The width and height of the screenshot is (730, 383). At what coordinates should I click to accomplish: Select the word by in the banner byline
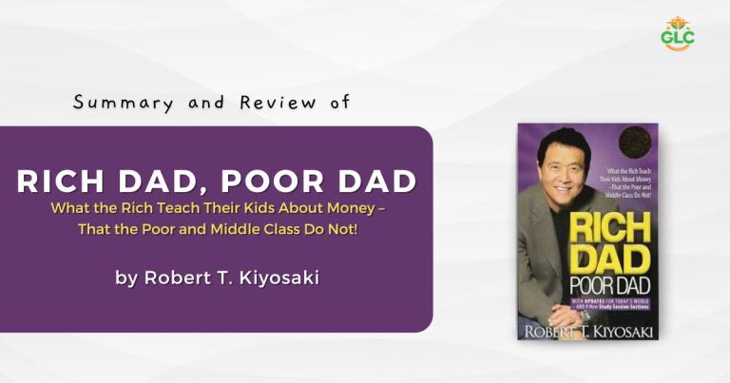click(x=125, y=278)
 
